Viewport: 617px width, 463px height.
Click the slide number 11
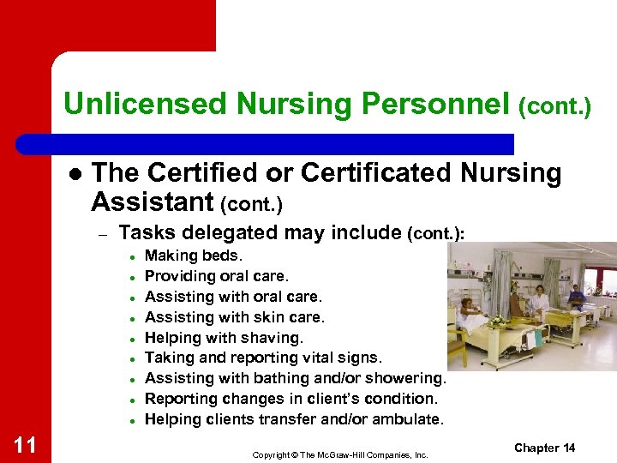[x=25, y=444]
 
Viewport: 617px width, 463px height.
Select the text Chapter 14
[x=545, y=448]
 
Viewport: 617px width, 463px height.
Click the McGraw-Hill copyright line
[x=339, y=454]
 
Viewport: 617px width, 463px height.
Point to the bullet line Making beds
[x=194, y=256]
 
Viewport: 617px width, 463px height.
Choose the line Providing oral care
[x=217, y=276]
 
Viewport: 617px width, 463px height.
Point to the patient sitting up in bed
[x=470, y=312]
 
